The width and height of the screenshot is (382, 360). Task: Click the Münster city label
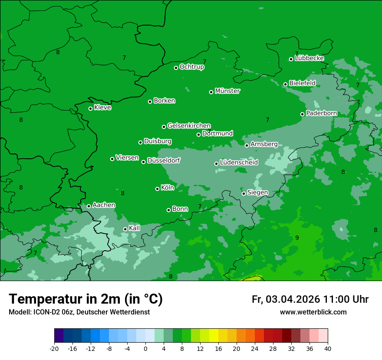pos(227,91)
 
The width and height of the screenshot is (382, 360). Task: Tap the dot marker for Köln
pos(157,189)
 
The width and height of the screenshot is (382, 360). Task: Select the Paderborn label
pos(321,114)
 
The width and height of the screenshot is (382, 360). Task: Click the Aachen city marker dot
pos(89,206)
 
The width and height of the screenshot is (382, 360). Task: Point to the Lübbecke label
pos(309,58)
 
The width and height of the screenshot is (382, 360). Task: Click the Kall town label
pos(134,228)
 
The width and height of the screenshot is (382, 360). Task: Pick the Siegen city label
pos(257,193)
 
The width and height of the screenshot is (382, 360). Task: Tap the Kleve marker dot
pos(90,108)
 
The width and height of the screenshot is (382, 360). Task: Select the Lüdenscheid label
pos(239,163)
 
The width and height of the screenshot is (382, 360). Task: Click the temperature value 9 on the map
pos(297,238)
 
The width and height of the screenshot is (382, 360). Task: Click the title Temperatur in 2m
pos(86,299)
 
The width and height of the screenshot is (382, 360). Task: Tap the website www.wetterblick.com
pos(313,312)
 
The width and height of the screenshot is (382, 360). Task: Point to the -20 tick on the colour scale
pos(54,348)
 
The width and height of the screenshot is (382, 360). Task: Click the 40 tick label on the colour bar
pos(327,348)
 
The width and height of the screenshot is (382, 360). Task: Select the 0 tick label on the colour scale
pos(145,348)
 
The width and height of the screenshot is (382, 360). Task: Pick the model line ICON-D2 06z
pos(79,312)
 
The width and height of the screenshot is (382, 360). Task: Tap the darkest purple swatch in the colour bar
pos(59,335)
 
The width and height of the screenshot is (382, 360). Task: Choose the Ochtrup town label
pos(191,67)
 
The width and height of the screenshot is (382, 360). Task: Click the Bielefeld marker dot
pos(285,84)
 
